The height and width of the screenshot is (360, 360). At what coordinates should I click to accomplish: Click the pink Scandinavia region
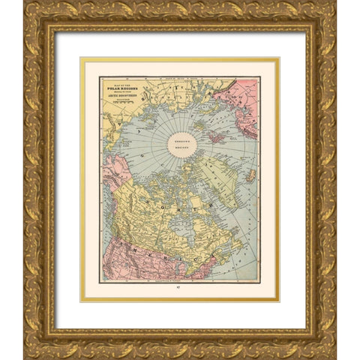tap(240, 97)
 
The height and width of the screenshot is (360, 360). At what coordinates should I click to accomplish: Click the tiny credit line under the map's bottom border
tap(180, 283)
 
